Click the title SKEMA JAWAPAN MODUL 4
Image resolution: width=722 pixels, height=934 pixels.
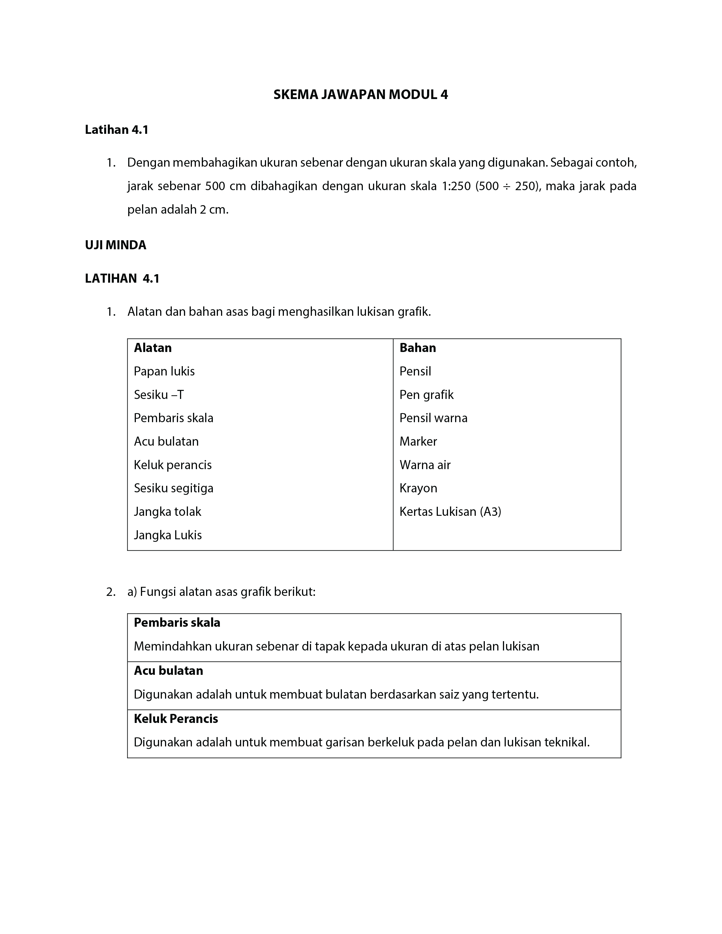tap(361, 95)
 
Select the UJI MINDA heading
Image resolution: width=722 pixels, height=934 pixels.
tap(115, 245)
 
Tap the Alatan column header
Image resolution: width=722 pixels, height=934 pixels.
tap(153, 348)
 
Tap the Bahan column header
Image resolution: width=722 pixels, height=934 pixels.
tap(417, 348)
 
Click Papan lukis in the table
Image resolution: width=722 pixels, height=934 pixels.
tap(164, 371)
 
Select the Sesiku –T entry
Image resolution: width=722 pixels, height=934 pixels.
tap(159, 395)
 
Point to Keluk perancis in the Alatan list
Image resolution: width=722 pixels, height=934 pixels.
tap(173, 465)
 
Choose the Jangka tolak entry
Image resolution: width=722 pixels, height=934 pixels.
tap(167, 512)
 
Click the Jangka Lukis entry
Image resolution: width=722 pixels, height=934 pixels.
tap(168, 535)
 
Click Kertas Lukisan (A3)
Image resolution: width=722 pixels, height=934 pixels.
tap(450, 512)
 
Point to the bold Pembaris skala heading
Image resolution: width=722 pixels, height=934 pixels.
tap(177, 623)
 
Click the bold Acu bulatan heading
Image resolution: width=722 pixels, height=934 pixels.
tap(168, 671)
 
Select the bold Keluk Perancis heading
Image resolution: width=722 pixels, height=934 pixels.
tap(176, 718)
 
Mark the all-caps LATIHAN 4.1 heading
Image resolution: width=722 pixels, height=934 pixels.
tap(122, 278)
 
